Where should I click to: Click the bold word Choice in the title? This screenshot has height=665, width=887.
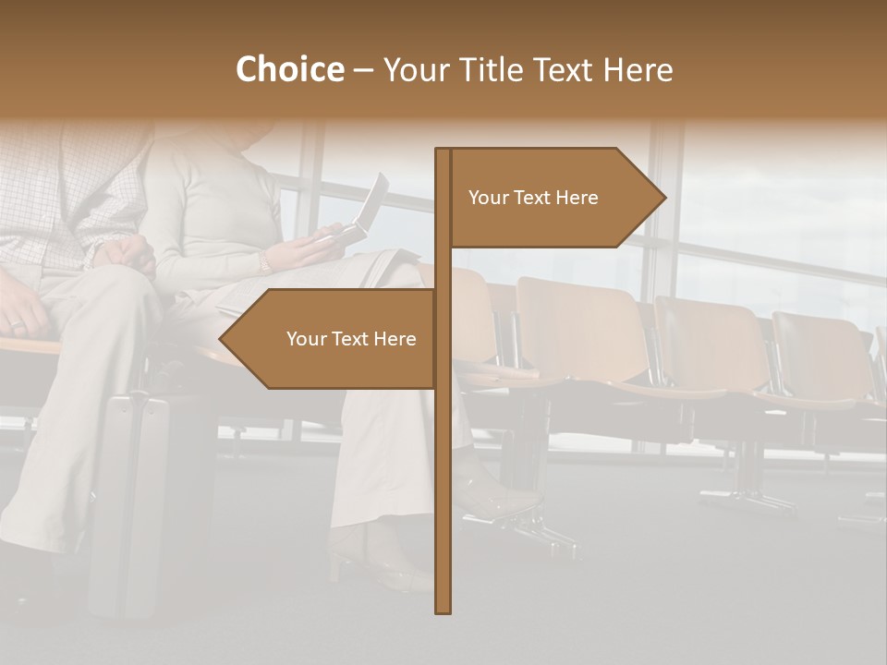pyautogui.click(x=289, y=69)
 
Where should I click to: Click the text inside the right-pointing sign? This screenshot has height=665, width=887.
pyautogui.click(x=533, y=198)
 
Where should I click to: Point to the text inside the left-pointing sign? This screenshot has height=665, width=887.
pyautogui.click(x=351, y=339)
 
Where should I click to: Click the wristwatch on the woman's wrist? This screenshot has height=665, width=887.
pyautogui.click(x=264, y=263)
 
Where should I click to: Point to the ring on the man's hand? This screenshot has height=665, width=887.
pyautogui.click(x=17, y=324)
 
